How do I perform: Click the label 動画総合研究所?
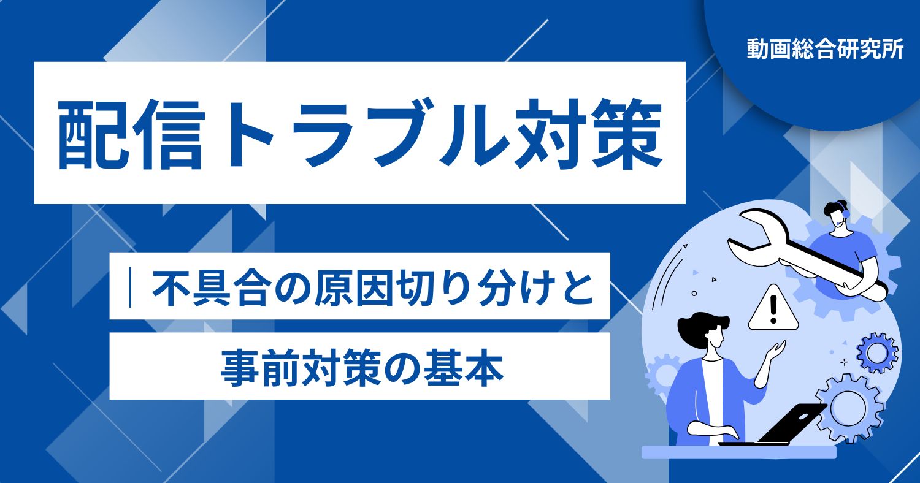(x=825, y=50)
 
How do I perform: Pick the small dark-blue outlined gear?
(x=877, y=352)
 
